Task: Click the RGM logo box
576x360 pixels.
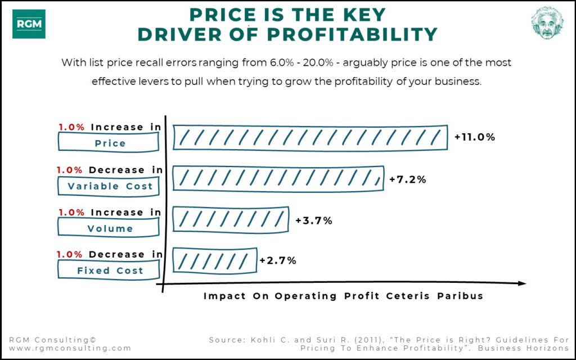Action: point(29,24)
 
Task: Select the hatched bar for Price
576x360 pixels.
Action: point(310,137)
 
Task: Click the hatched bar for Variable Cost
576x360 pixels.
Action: point(278,178)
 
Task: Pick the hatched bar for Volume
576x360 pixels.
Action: point(230,219)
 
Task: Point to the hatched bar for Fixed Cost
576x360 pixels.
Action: point(214,260)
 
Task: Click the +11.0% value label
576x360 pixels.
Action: point(474,137)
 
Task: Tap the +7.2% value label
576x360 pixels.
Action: point(407,179)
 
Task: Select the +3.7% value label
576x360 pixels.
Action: point(313,220)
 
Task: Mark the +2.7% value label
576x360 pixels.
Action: point(277,260)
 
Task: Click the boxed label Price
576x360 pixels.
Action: point(110,143)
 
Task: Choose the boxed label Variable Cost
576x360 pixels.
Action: point(110,186)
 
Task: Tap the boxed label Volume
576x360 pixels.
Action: point(110,228)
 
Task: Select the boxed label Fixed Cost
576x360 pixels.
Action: point(110,271)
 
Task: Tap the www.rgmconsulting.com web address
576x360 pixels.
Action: point(70,348)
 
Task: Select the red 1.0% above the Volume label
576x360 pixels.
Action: point(71,212)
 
